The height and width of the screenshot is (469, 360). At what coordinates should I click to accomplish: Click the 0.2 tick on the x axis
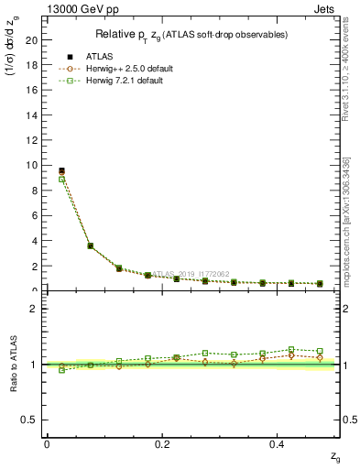pos(163,443)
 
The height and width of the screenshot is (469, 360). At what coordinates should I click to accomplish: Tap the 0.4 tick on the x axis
pos(278,443)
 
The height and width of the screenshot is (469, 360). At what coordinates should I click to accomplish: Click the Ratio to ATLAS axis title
pos(13,364)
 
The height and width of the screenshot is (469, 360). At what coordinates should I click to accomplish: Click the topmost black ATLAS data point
pos(61,170)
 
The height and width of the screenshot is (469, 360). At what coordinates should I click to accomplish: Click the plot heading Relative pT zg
pos(192,35)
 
